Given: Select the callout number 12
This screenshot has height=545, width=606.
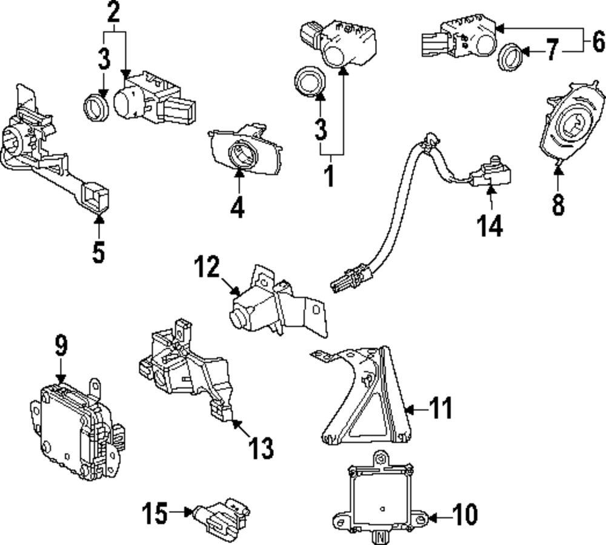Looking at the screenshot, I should coord(206,267).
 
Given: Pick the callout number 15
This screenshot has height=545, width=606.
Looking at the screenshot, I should coord(155,514).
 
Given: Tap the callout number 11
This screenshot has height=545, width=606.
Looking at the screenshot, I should coord(440,409).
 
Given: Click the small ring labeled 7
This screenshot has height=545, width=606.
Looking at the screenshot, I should coord(508,58).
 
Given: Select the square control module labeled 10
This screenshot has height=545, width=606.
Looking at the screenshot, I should coord(379,495).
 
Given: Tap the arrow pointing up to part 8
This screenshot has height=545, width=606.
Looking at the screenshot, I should coord(558,175).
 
